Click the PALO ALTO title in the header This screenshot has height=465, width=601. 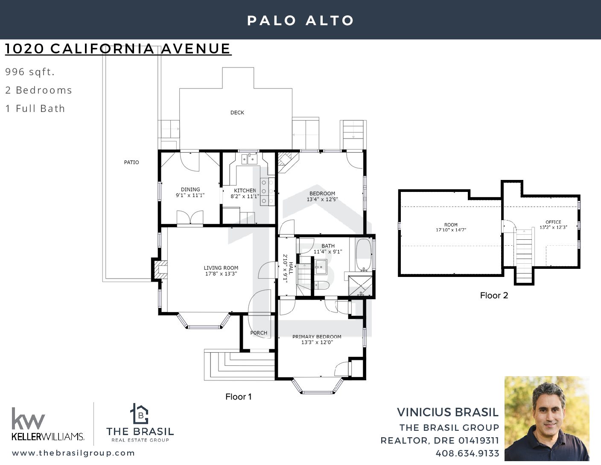[x=300, y=21]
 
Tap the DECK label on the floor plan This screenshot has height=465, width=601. [x=237, y=112]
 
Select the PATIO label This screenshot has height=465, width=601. [x=131, y=162]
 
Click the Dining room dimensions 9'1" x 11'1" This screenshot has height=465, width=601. [x=190, y=195]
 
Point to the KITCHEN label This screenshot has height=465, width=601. [x=245, y=191]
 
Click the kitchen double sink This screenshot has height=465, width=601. [x=249, y=159]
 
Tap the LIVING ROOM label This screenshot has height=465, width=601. [x=221, y=268]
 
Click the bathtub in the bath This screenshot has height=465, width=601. [x=363, y=255]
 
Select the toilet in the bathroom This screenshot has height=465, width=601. [x=321, y=285]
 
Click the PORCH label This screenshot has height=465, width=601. [x=259, y=333]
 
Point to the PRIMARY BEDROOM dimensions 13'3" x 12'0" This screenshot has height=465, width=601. [x=317, y=342]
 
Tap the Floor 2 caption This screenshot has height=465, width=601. [x=494, y=295]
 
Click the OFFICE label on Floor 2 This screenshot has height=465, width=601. [x=554, y=222]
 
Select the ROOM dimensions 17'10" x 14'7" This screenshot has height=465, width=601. [x=451, y=230]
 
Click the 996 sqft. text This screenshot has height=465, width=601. [x=30, y=72]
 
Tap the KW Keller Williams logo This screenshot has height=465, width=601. [x=48, y=424]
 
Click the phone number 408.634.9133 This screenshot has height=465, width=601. [x=467, y=453]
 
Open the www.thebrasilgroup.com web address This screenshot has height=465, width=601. [x=73, y=453]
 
